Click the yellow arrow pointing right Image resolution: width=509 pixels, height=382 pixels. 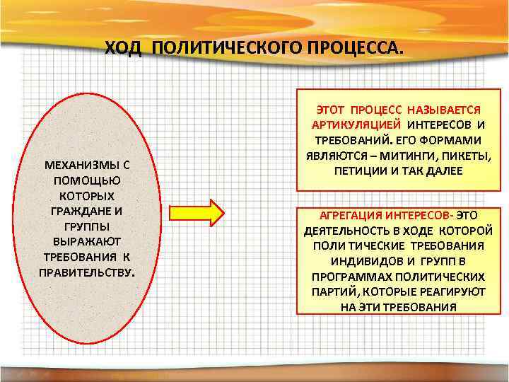(x=199, y=212)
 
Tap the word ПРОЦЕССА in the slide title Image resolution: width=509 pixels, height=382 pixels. (x=356, y=47)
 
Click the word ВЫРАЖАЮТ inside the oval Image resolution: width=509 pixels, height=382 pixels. (x=87, y=242)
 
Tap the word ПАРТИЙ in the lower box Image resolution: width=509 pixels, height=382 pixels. (x=332, y=291)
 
